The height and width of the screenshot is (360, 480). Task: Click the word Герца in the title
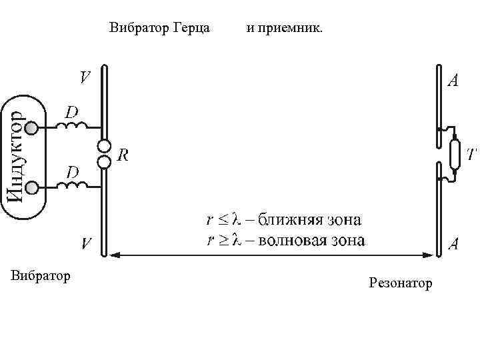(x=191, y=28)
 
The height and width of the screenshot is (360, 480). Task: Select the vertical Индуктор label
(x=16, y=157)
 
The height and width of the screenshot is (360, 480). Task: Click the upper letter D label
(x=71, y=109)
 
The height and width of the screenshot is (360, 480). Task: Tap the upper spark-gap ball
(x=104, y=147)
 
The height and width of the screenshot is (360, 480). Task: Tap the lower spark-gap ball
(x=104, y=161)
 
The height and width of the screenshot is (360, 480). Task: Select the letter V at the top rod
(x=85, y=78)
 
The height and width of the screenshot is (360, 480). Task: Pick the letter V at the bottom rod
(x=87, y=243)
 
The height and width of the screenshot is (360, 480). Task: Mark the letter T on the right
(x=471, y=155)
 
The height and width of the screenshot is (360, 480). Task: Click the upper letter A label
(x=453, y=82)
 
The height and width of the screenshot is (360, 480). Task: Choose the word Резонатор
(x=400, y=284)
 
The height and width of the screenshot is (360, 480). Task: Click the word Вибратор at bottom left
(x=41, y=275)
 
